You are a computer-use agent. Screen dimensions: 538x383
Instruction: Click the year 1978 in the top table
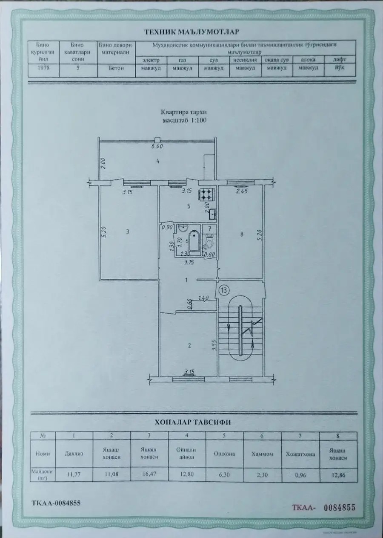[44, 68]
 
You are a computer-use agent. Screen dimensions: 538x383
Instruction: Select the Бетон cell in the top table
[116, 68]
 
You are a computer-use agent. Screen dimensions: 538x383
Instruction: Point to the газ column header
[183, 61]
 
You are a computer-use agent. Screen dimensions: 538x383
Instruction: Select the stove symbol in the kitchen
[207, 195]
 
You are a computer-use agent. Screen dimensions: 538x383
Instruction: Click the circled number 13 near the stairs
[224, 289]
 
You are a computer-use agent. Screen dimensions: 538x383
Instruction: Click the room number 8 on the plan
[241, 233]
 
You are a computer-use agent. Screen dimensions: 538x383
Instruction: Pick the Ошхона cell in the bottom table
[226, 454]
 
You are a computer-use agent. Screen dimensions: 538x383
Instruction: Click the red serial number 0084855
[339, 507]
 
